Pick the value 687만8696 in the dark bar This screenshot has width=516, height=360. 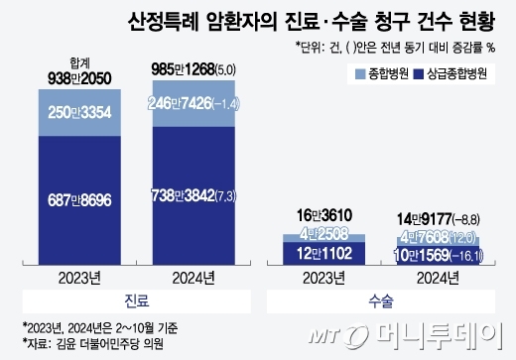click(79, 198)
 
